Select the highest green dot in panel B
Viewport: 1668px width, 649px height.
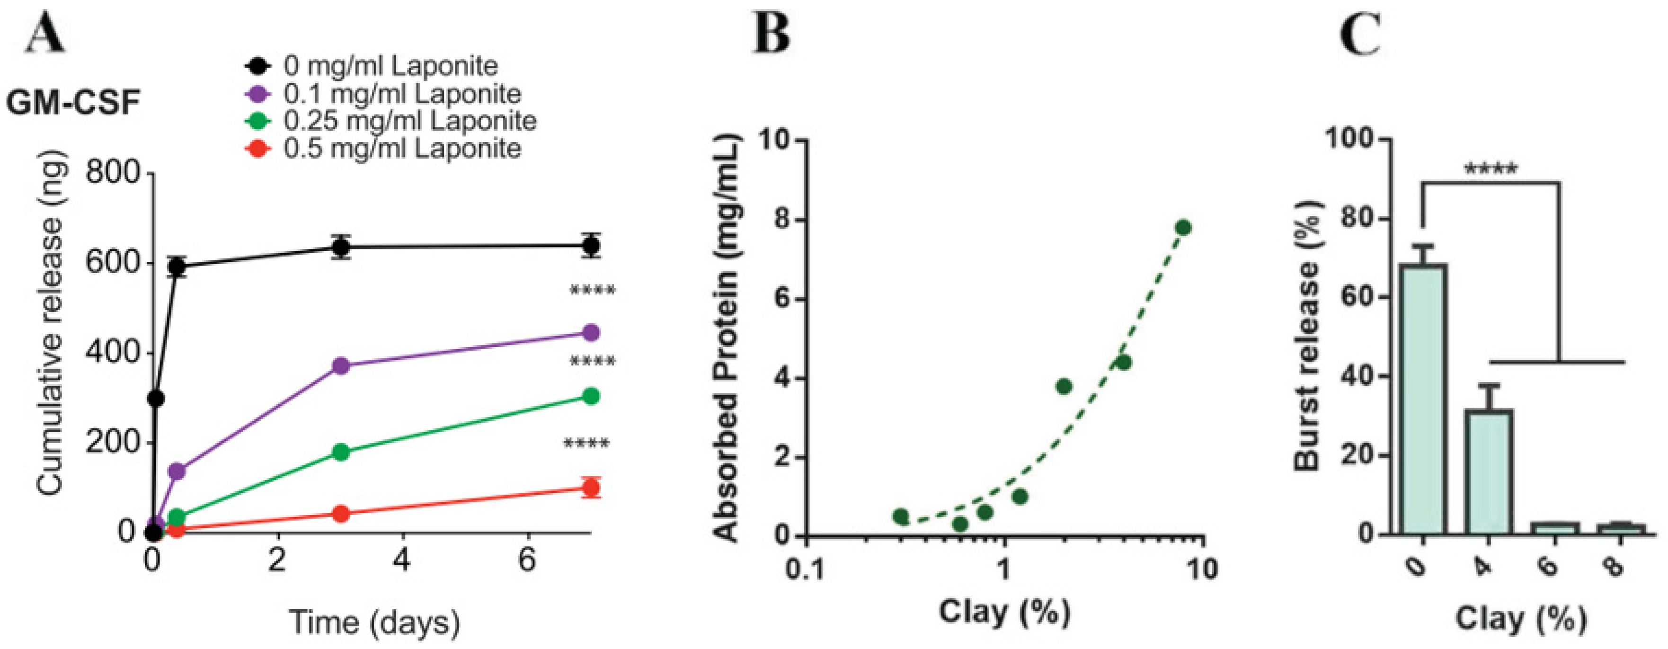pos(1183,227)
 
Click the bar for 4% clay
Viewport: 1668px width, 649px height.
pos(1489,471)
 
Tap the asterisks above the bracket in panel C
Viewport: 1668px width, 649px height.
pos(1490,169)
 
